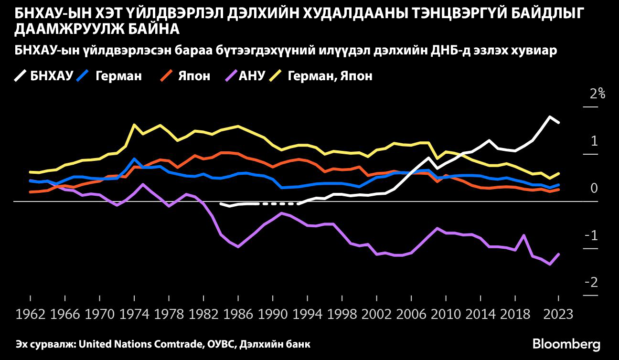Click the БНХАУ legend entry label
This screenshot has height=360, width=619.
point(52,76)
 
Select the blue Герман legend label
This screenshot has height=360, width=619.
point(118,76)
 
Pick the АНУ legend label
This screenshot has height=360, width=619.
point(251,76)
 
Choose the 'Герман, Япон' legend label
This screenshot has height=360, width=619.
point(330,76)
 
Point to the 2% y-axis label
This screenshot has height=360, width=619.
point(598,94)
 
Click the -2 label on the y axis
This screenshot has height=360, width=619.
point(592,283)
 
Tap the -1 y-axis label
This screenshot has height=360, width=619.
point(592,235)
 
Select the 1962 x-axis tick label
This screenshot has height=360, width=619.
point(30,315)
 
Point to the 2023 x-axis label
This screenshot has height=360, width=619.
point(558,315)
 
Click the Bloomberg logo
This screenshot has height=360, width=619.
point(566,344)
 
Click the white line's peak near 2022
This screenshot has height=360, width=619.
point(550,117)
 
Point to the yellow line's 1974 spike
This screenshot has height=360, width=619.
point(134,125)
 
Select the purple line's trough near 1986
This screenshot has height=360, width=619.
point(238,246)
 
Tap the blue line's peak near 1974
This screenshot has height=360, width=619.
point(135,159)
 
